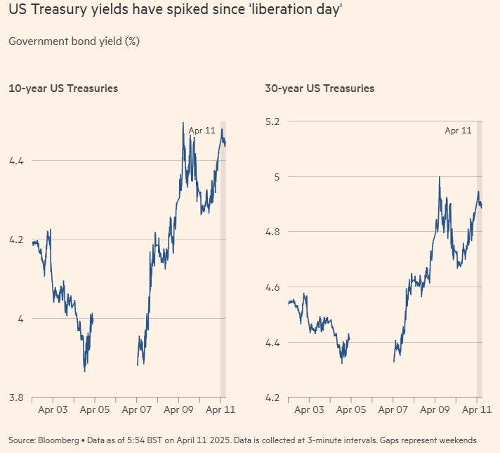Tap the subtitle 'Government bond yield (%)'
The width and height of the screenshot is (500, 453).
pyautogui.click(x=74, y=41)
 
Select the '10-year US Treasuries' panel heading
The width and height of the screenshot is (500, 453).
pyautogui.click(x=63, y=88)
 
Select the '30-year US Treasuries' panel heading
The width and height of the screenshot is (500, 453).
pyautogui.click(x=320, y=88)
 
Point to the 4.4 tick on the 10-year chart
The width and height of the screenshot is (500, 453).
pyautogui.click(x=16, y=161)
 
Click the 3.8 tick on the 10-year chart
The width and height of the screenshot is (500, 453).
pyautogui.click(x=16, y=397)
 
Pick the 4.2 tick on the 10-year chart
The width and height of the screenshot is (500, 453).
pyautogui.click(x=16, y=239)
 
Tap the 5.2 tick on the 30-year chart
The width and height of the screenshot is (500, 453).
pyautogui.click(x=272, y=121)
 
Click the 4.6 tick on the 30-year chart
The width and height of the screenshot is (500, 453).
pyautogui.click(x=272, y=287)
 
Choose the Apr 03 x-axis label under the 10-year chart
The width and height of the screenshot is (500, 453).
pyautogui.click(x=53, y=409)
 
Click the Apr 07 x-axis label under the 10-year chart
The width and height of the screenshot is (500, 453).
pyautogui.click(x=137, y=409)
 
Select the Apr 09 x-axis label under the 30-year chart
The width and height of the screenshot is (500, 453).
pyautogui.click(x=436, y=409)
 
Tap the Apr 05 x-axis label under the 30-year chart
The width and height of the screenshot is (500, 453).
pyautogui.click(x=352, y=409)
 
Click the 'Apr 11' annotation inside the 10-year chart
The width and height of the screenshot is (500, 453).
pyautogui.click(x=202, y=130)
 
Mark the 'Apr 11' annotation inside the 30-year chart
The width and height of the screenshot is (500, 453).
pyautogui.click(x=458, y=130)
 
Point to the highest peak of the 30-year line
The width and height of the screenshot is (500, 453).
pyautogui.click(x=439, y=177)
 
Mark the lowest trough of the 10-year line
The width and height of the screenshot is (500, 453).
pyautogui.click(x=85, y=371)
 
